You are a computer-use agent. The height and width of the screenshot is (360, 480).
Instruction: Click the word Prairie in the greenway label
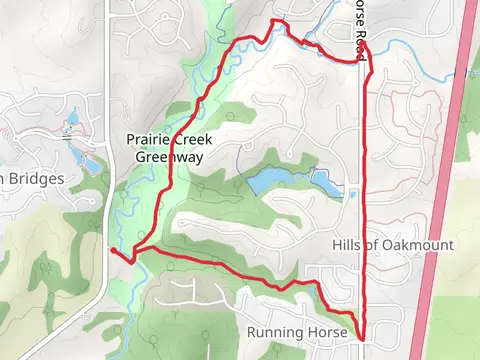coord(147,139)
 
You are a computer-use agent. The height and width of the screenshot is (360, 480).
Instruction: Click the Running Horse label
coord(297,331)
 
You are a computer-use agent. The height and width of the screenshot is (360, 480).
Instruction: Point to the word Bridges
coord(37,179)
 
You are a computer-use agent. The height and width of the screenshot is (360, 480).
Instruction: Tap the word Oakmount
coord(422,245)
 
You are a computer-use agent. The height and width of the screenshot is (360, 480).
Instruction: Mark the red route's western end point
coord(112,251)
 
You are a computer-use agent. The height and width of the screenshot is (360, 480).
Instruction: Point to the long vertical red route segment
coord(363,200)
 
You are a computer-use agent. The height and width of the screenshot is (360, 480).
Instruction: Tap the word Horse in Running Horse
coord(327,331)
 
